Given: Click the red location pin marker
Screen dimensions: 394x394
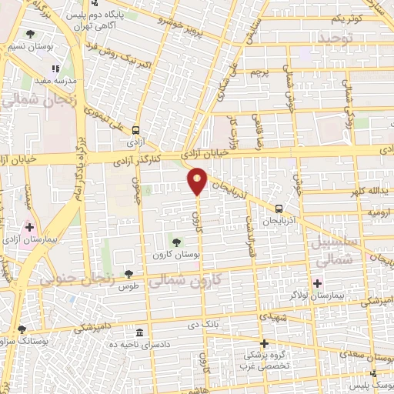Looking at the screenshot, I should coord(197,180).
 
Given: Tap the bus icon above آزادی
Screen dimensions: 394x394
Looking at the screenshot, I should coord(136,130).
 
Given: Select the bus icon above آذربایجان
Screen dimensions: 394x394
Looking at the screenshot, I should coord(279,208).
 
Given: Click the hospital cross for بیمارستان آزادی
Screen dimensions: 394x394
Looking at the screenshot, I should coord(29,227).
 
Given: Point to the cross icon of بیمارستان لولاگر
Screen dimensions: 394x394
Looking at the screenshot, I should coord(317,283).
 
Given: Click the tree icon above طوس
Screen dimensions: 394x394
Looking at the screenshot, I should coord(129,274).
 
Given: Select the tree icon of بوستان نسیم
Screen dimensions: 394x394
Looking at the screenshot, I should coord(30,34).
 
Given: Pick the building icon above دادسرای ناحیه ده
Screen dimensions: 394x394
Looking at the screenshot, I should coord(139,332).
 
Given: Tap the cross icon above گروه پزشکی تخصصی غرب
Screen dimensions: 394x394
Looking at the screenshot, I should coord(264,343).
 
